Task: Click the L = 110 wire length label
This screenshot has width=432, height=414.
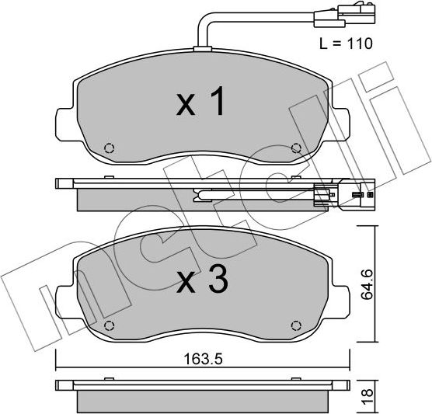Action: pyautogui.click(x=346, y=43)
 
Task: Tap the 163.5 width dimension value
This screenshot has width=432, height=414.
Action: pyautogui.click(x=203, y=359)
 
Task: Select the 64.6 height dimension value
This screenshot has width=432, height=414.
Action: pyautogui.click(x=367, y=284)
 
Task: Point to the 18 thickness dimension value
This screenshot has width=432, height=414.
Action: pyautogui.click(x=367, y=396)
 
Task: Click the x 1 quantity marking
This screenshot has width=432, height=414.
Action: pyautogui.click(x=200, y=101)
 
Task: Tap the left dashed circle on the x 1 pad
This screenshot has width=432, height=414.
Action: pyautogui.click(x=110, y=148)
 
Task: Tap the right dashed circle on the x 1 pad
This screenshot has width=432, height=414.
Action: pyautogui.click(x=296, y=148)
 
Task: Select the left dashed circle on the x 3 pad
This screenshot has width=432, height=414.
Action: pyautogui.click(x=110, y=326)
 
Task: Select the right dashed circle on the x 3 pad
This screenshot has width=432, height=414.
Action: pyautogui.click(x=296, y=326)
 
